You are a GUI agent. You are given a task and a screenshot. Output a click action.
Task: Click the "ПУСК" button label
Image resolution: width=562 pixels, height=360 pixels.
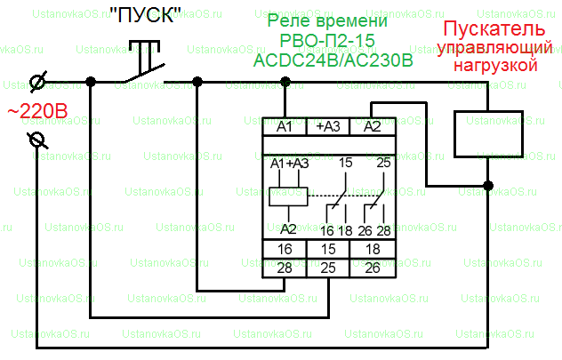(145, 15)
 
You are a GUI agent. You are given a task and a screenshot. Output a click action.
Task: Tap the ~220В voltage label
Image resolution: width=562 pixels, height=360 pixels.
(37, 111)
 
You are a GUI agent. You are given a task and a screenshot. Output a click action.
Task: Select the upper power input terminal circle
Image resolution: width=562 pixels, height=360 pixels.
(37, 82)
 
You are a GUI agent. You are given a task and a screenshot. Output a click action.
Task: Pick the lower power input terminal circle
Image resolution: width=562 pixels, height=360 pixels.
(37, 140)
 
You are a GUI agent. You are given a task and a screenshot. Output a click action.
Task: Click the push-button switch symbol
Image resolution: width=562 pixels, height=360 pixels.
(143, 63)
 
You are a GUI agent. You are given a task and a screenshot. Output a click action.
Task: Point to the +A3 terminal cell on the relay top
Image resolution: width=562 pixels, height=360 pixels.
(328, 126)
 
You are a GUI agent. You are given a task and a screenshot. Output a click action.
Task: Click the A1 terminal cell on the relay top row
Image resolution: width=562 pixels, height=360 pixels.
(285, 126)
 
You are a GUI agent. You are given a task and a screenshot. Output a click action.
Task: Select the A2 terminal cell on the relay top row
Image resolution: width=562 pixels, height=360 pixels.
(373, 126)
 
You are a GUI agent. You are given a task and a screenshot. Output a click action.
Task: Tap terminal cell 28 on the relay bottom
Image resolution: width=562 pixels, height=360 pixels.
(285, 268)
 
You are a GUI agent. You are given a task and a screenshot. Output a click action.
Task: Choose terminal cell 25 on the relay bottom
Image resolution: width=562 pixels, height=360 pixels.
(328, 268)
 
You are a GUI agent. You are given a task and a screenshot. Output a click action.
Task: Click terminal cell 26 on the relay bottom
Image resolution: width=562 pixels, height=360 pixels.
(373, 268)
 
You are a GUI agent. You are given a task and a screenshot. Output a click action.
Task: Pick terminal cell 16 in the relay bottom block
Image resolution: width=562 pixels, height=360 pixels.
(285, 249)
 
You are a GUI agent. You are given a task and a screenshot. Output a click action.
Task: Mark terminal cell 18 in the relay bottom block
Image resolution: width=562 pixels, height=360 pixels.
(373, 249)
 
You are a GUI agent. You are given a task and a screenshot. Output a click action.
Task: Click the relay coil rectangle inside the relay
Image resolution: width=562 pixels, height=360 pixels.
(288, 196)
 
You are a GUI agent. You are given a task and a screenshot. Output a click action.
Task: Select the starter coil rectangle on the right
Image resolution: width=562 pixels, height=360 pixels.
(488, 134)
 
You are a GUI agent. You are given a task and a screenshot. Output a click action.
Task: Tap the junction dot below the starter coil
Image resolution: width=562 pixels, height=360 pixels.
(488, 186)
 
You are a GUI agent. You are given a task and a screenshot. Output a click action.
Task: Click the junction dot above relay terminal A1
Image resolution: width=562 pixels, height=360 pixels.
(285, 82)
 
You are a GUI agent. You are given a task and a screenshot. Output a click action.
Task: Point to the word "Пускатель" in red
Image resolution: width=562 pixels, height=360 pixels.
(494, 28)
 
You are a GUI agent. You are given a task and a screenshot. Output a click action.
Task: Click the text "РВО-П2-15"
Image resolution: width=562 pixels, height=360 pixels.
(327, 41)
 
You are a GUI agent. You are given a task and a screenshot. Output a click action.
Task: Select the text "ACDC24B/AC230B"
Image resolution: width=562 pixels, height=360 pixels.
(333, 60)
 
